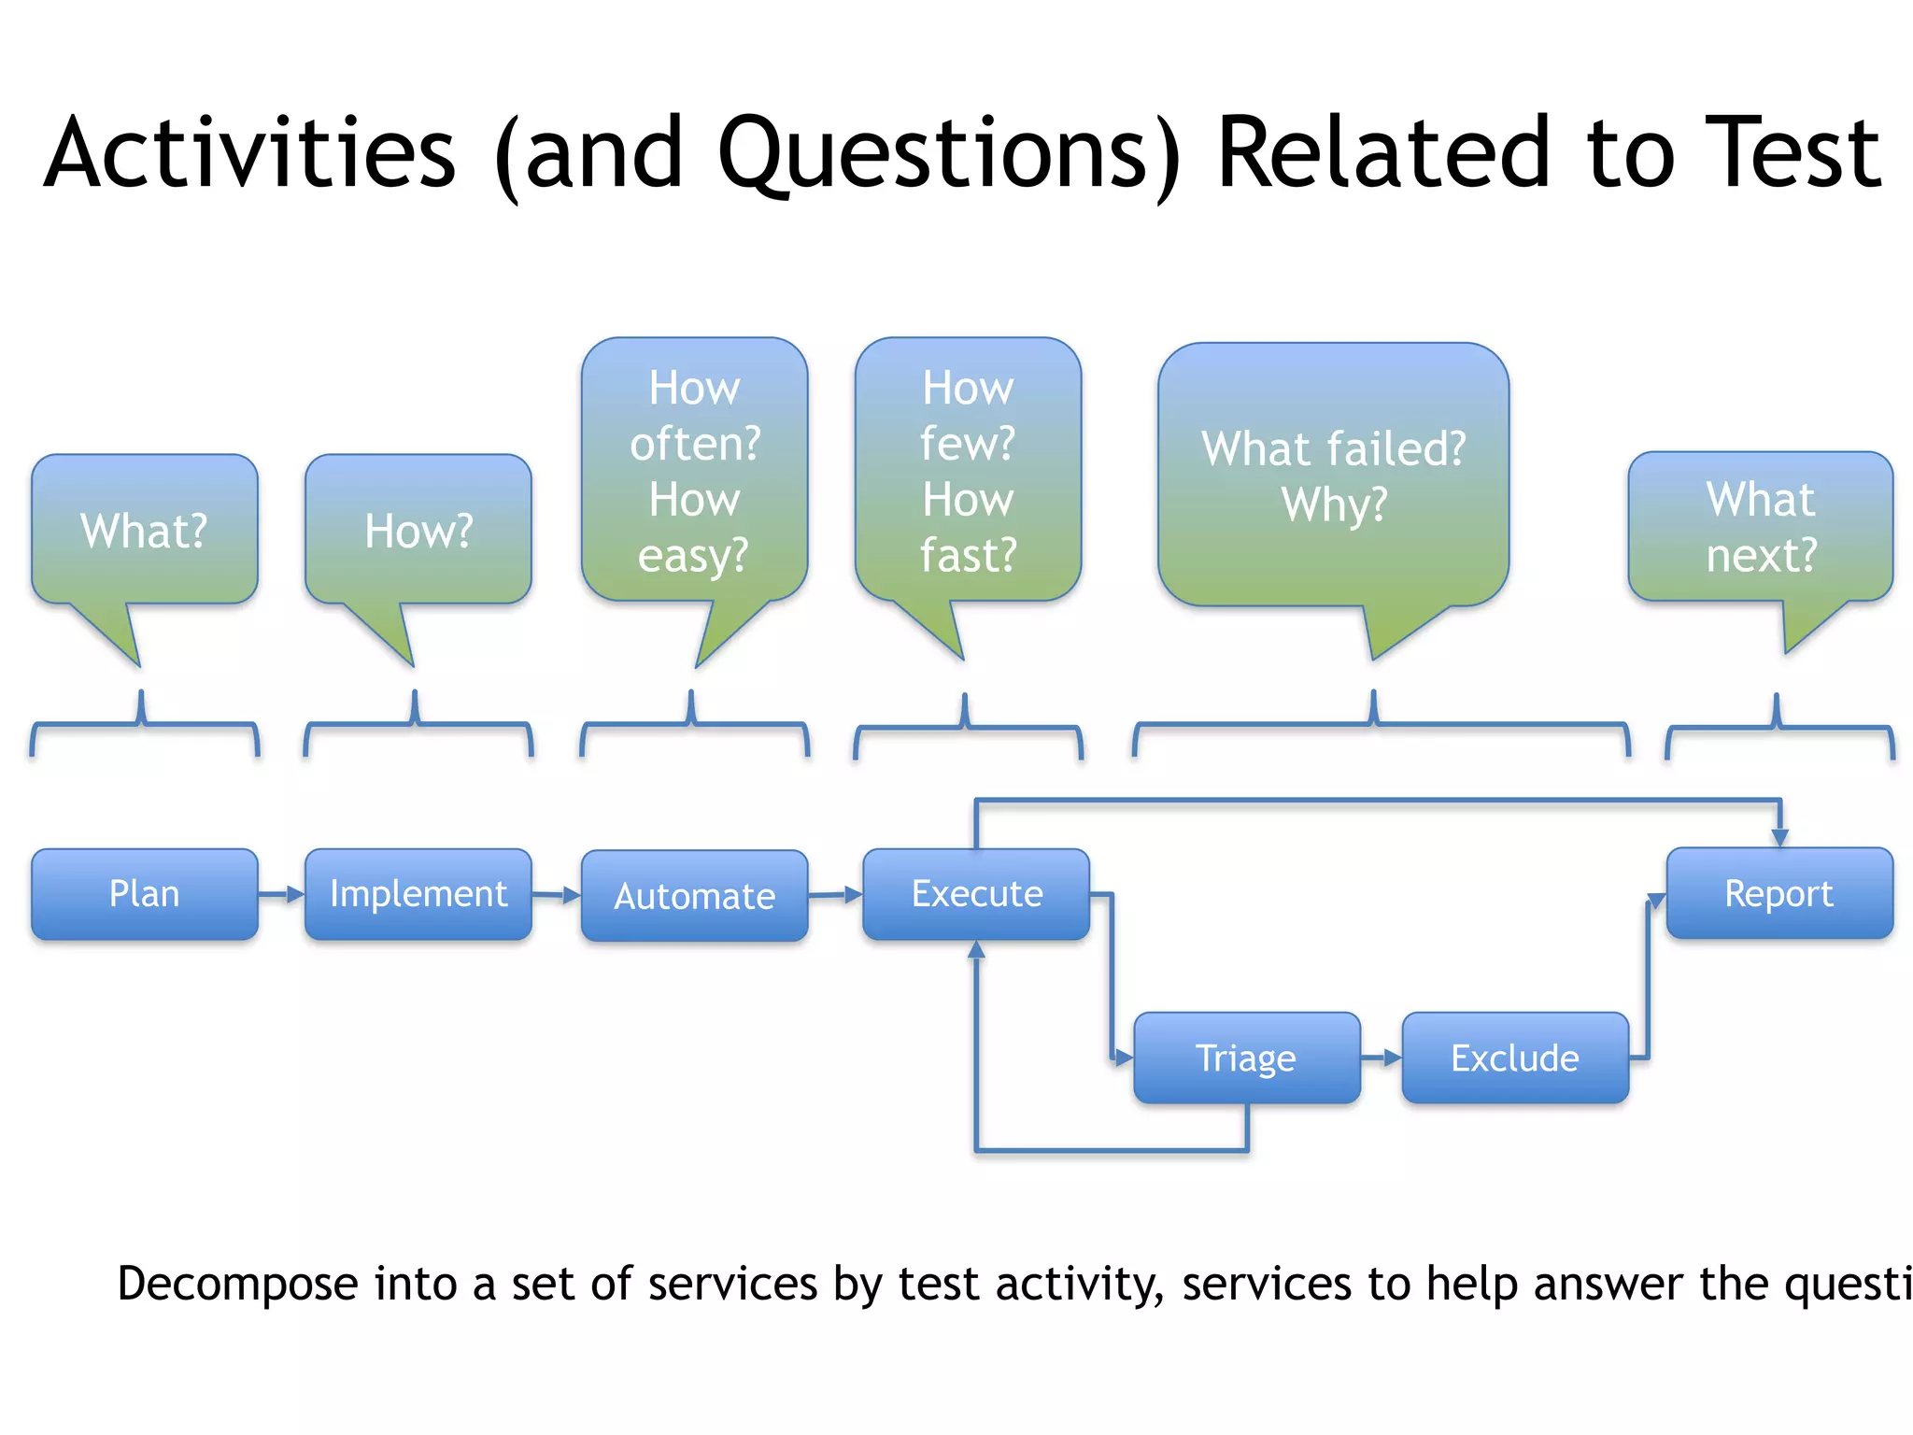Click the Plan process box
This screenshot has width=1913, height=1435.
tap(144, 894)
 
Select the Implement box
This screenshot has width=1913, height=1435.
tap(418, 894)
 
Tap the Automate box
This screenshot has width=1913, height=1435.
tap(694, 896)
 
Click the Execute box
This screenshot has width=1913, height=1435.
tap(976, 894)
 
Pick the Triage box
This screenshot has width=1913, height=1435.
tap(1246, 1058)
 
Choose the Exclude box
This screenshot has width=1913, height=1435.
tap(1514, 1058)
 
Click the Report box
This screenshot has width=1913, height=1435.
tap(1778, 893)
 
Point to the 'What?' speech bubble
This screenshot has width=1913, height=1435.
tap(144, 531)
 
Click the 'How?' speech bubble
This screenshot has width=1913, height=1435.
tap(418, 531)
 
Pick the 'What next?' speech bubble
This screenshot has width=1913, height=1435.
tap(1760, 527)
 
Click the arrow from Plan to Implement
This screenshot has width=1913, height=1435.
tap(281, 894)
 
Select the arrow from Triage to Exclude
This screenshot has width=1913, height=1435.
tap(1381, 1058)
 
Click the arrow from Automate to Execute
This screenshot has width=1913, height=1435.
tap(834, 895)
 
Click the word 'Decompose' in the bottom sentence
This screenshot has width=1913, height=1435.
tap(237, 1284)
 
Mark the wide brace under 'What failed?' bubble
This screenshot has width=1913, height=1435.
tap(1381, 725)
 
